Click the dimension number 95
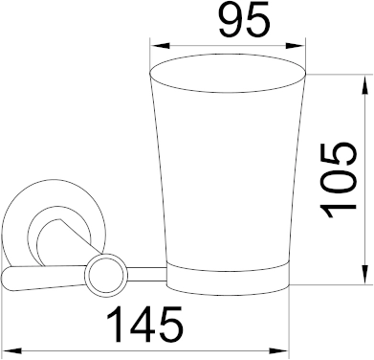click(245, 20)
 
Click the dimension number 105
click(338, 180)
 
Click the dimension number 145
click(145, 325)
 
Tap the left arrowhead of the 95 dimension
click(160, 46)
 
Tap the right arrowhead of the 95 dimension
click(296, 46)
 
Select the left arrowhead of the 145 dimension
click(11, 351)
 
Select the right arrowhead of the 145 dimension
click(279, 351)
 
